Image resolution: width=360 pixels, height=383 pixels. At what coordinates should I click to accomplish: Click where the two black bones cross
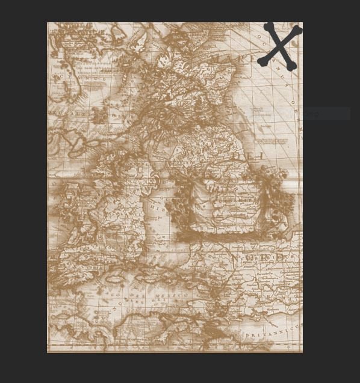tap(280, 46)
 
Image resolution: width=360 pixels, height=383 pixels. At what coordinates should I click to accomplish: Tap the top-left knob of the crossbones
tap(268, 27)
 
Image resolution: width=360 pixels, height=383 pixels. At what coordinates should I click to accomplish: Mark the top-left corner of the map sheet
tap(48, 23)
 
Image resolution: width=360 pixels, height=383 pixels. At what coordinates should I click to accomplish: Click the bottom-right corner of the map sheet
tap(302, 352)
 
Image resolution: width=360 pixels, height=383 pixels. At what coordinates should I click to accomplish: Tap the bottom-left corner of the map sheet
tap(48, 352)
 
